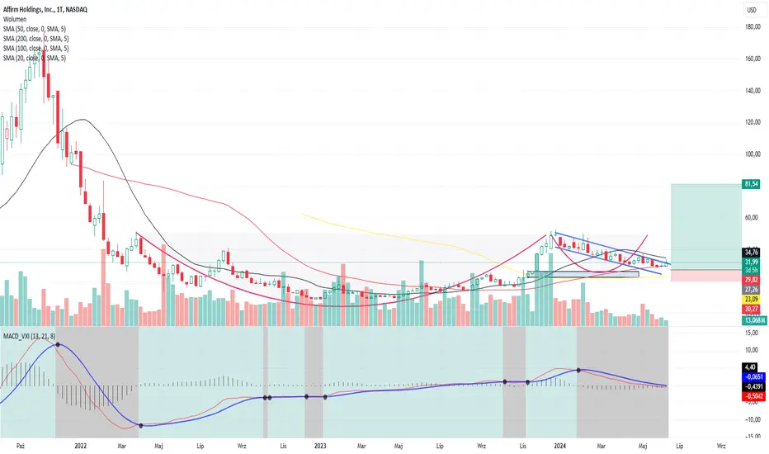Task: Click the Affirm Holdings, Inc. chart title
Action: [x=45, y=9]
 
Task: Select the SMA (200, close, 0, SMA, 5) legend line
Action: [x=35, y=39]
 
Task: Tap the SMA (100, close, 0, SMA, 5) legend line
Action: [x=35, y=49]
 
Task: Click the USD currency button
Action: [x=752, y=10]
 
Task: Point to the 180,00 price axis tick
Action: [x=752, y=27]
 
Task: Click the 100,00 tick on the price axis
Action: [x=752, y=154]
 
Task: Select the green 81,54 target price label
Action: [x=752, y=184]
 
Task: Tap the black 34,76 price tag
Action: [x=752, y=253]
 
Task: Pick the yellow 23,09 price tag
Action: [x=752, y=299]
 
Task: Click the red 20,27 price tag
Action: [x=752, y=309]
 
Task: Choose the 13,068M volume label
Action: [x=754, y=320]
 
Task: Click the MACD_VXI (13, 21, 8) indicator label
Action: [x=30, y=336]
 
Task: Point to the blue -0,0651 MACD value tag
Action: [x=754, y=377]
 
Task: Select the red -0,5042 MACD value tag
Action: [x=754, y=396]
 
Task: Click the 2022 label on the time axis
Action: [x=80, y=446]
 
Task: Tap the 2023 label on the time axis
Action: [x=320, y=446]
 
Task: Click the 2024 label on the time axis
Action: [x=559, y=446]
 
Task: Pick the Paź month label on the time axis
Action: [x=20, y=446]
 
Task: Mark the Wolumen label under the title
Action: [x=15, y=19]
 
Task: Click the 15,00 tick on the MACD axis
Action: [x=752, y=333]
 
